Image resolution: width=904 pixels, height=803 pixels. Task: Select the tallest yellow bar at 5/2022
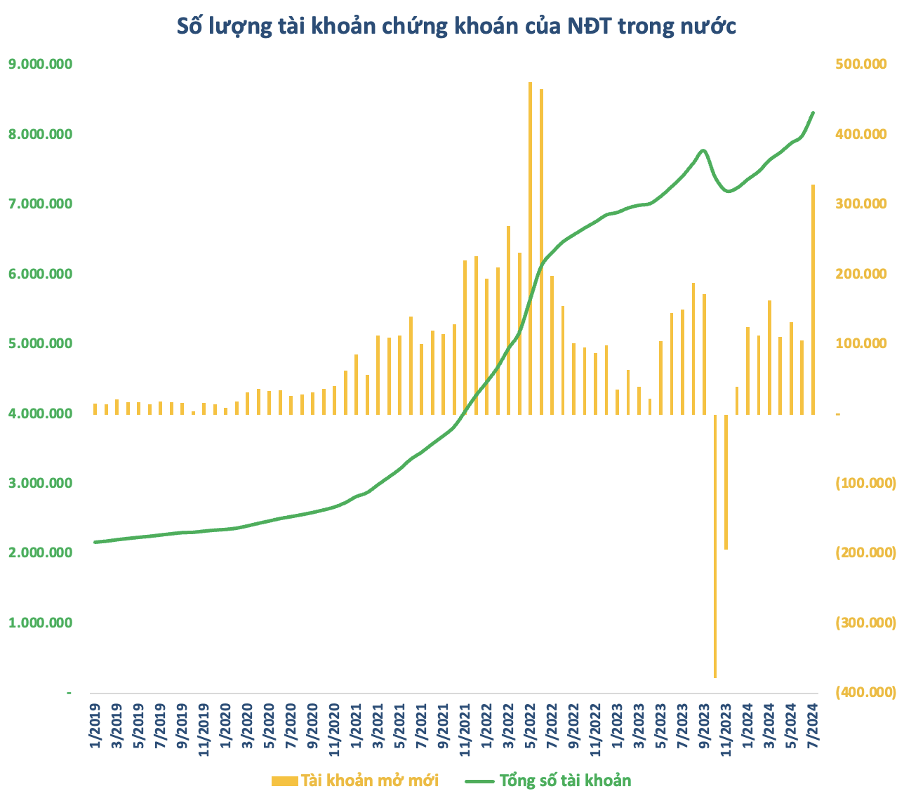[530, 246]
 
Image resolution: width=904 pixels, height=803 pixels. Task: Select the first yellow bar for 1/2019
[95, 409]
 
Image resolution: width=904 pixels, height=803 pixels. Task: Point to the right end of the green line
[813, 112]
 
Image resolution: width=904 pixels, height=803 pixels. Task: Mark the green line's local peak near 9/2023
[703, 150]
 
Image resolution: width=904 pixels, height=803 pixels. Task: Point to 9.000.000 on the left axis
[40, 65]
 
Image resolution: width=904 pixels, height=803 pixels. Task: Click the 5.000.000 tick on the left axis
[40, 344]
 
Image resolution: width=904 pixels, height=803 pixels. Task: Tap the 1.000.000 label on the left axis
[40, 623]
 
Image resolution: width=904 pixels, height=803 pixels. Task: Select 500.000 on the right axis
[861, 65]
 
